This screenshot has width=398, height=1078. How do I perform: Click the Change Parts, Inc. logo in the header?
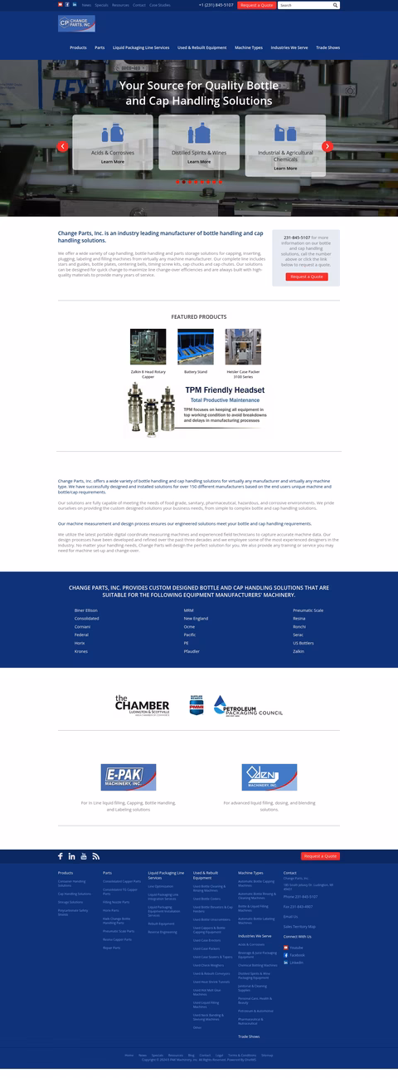click(x=76, y=23)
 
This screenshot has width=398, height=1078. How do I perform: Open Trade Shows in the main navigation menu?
click(x=328, y=47)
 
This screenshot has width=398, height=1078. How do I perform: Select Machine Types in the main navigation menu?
click(x=249, y=47)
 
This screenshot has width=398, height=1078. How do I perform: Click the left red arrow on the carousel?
click(x=62, y=146)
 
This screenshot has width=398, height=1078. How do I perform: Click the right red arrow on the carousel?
click(x=328, y=146)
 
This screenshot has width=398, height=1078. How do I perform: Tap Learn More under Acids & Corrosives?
click(x=113, y=162)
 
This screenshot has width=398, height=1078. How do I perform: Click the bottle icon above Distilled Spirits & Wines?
click(x=199, y=134)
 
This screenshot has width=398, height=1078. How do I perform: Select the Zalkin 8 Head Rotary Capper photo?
click(x=148, y=347)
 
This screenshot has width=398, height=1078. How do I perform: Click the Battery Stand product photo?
click(x=196, y=347)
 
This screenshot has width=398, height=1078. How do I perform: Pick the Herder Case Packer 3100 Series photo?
click(x=243, y=347)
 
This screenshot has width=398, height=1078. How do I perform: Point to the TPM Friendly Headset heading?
click(x=224, y=390)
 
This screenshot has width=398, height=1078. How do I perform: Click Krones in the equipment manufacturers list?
click(x=80, y=651)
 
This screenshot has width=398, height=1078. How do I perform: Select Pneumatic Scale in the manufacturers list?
click(x=308, y=610)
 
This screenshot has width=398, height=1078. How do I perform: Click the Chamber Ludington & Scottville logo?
click(x=142, y=706)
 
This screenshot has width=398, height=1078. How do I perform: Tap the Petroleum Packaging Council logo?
click(x=248, y=707)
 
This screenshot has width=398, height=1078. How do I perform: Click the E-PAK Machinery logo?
click(x=128, y=777)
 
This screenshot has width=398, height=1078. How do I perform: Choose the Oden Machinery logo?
click(x=269, y=777)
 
